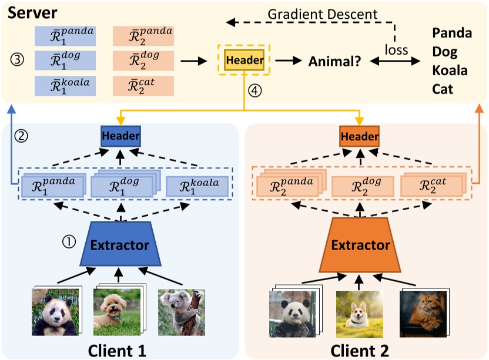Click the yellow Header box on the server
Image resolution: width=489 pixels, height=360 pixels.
[244, 59]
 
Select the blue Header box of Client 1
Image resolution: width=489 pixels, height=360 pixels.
[120, 136]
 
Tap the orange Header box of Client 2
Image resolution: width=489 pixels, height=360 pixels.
[359, 136]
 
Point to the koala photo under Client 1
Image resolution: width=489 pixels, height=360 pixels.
[181, 312]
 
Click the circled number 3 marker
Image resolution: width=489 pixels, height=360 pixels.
[18, 60]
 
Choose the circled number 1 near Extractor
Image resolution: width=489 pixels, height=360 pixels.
[69, 241]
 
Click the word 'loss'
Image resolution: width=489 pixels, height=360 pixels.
[396, 50]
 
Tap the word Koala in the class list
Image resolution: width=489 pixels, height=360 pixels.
[450, 70]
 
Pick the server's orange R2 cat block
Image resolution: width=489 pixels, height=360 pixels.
[143, 85]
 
